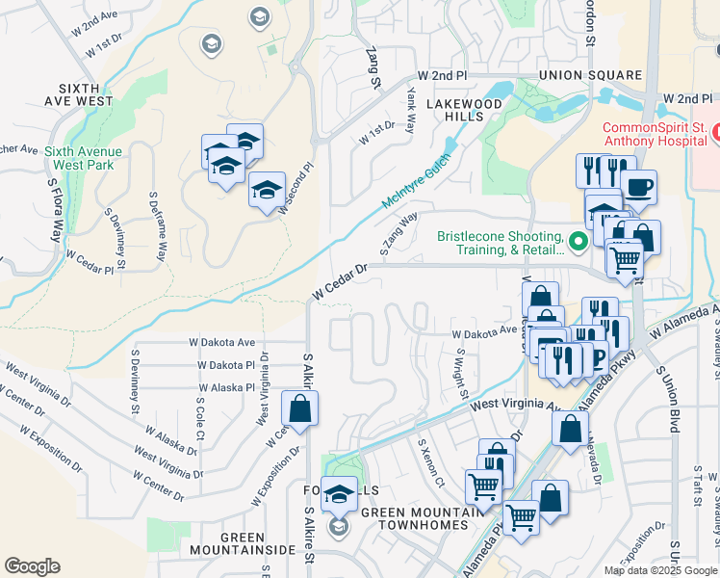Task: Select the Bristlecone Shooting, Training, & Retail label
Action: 499,243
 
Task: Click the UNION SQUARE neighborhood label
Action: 590,75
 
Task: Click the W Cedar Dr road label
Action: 341,280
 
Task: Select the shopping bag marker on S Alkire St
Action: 300,408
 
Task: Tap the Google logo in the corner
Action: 32,566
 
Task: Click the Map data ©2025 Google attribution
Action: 661,570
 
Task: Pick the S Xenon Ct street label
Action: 429,463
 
